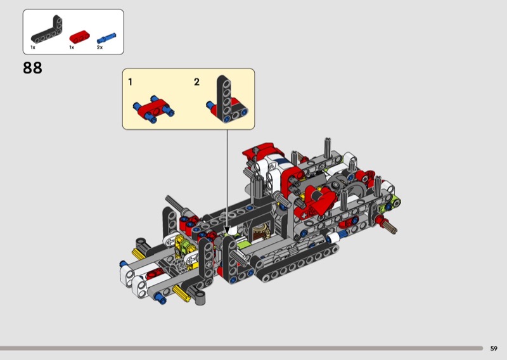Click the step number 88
point(32,68)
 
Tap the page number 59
point(494,349)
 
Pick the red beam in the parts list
point(80,37)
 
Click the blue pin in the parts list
point(106,38)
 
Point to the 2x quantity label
point(99,48)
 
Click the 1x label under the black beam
point(33,48)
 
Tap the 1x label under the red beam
point(72,48)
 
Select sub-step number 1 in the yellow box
point(130,82)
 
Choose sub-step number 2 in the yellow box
point(196,82)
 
